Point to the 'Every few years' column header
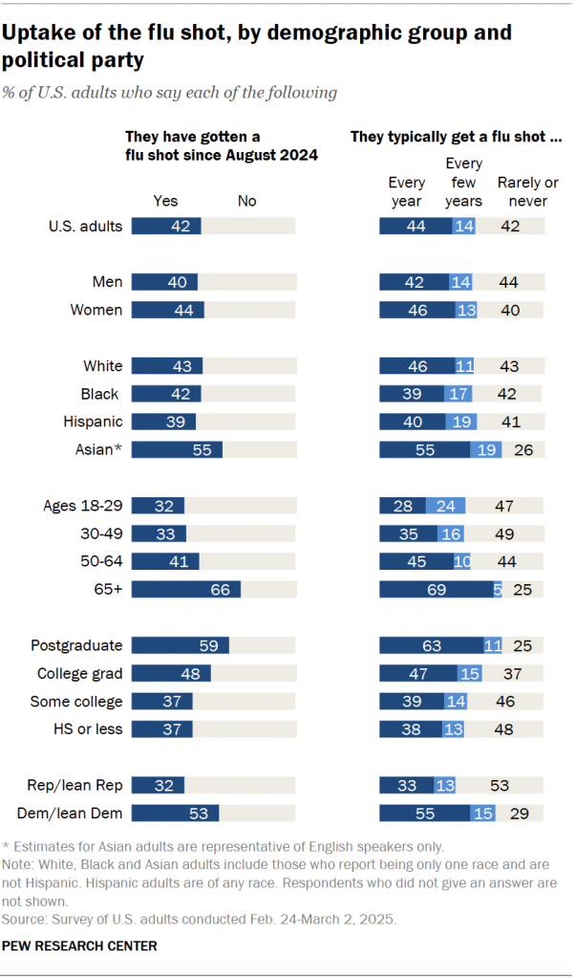click(464, 183)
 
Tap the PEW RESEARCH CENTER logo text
click(79, 945)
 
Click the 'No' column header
click(246, 201)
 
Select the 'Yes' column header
click(166, 201)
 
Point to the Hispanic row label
click(94, 422)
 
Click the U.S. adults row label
click(86, 227)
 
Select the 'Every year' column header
click(407, 191)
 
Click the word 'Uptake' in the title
click(39, 33)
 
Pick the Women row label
click(96, 310)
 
